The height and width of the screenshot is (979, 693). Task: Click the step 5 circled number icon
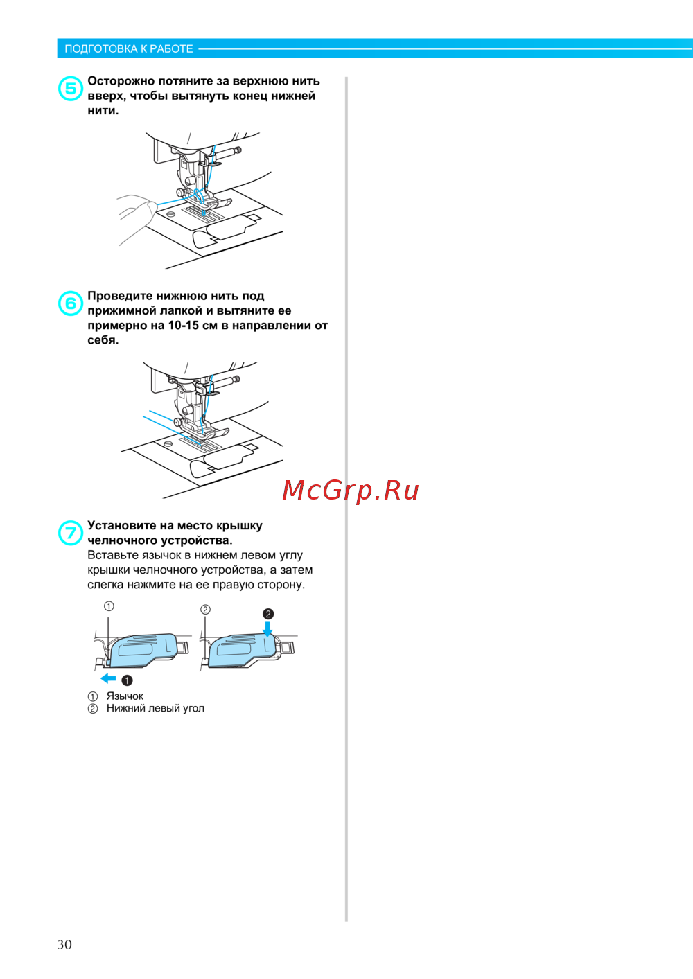pyautogui.click(x=71, y=88)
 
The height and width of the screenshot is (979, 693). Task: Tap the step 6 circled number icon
pyautogui.click(x=71, y=303)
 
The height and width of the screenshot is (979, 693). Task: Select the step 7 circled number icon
pyautogui.click(x=71, y=533)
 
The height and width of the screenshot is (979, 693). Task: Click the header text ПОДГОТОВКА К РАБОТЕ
pyautogui.click(x=128, y=48)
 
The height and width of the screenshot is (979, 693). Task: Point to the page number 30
pyautogui.click(x=64, y=944)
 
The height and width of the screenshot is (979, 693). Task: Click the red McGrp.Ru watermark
pyautogui.click(x=351, y=491)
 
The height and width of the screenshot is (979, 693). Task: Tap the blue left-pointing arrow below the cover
pyautogui.click(x=108, y=678)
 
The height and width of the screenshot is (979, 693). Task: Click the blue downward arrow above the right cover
pyautogui.click(x=267, y=628)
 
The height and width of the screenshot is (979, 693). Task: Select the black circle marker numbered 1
pyautogui.click(x=127, y=680)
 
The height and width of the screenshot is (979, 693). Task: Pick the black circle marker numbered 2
pyautogui.click(x=268, y=614)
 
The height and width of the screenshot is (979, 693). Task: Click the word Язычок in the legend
pyautogui.click(x=125, y=696)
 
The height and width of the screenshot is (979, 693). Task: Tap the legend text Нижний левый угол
pyautogui.click(x=155, y=708)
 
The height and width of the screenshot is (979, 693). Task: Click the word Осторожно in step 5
pyautogui.click(x=121, y=81)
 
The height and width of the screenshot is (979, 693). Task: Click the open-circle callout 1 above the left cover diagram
pyautogui.click(x=109, y=606)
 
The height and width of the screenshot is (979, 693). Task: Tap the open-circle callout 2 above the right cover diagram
pyautogui.click(x=205, y=609)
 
